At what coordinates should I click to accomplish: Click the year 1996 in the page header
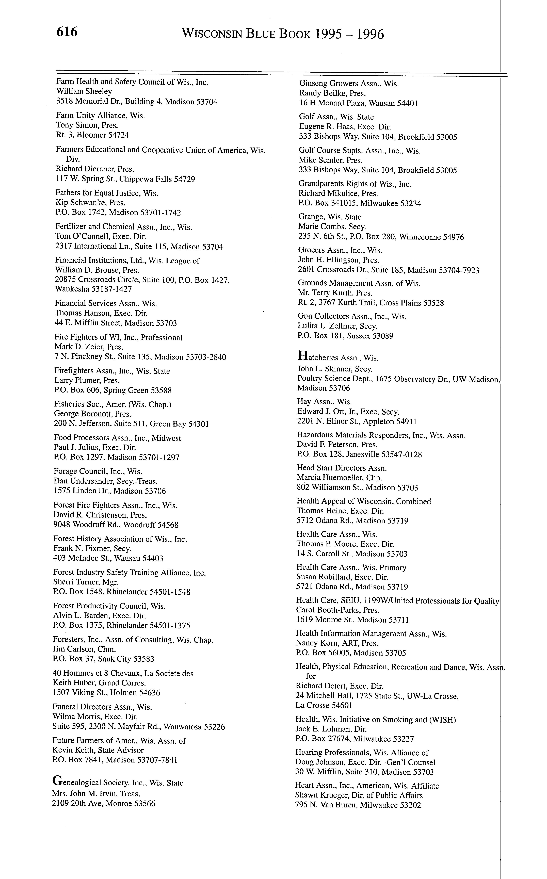(370, 34)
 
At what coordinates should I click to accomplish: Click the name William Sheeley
(84, 91)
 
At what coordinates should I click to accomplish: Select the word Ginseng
(313, 84)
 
